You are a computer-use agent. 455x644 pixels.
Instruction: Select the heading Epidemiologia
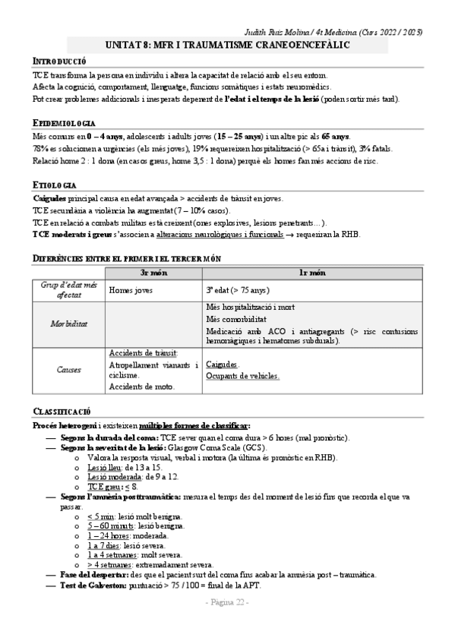point(65,122)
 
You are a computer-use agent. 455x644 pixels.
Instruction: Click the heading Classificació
point(62,411)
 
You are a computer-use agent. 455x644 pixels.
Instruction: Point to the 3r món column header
point(154,272)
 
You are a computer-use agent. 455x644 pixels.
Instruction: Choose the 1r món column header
point(312,272)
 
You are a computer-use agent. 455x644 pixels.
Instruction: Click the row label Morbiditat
point(68,323)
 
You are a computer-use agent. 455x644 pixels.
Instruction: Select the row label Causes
point(68,370)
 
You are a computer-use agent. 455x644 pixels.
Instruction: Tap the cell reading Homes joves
point(131,289)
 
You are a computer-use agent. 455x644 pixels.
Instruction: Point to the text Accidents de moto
point(141,387)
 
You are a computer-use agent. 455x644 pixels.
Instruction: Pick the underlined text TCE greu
point(104,486)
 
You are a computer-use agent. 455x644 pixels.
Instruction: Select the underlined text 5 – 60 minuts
point(110,526)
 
